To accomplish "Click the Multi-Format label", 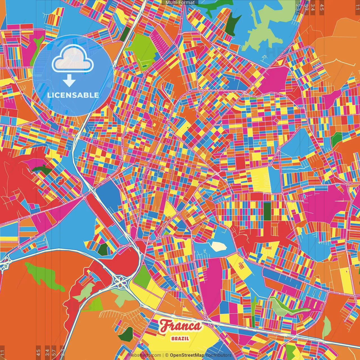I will pyautogui.click(x=180, y=3).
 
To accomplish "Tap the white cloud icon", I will pyautogui.click(x=73, y=60).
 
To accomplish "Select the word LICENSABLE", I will pyautogui.click(x=73, y=95).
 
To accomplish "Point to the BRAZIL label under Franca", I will pyautogui.click(x=180, y=338).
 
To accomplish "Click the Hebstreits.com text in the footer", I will pyautogui.click(x=145, y=355).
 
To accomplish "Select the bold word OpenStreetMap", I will pyautogui.click(x=187, y=355).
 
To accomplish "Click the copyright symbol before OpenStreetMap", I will pyautogui.click(x=167, y=355).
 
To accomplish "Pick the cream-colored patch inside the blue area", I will pyautogui.click(x=219, y=246).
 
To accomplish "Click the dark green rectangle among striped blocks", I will pyautogui.click(x=267, y=211).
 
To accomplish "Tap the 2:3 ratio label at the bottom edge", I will pyautogui.click(x=62, y=352).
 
